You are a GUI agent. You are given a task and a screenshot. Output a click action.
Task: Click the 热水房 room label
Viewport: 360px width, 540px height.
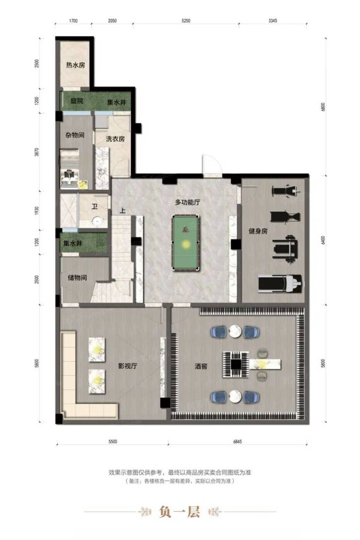click(x=75, y=65)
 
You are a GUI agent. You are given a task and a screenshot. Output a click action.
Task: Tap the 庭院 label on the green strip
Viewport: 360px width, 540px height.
click(x=77, y=101)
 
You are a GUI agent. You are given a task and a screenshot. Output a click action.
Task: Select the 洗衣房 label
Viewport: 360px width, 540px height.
click(x=115, y=139)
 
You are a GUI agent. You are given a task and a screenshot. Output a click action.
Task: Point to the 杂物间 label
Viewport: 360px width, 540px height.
click(x=75, y=135)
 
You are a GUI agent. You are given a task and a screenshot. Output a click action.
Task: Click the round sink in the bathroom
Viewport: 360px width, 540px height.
click(x=98, y=220)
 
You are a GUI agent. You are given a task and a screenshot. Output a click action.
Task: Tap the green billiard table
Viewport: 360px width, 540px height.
click(x=185, y=243)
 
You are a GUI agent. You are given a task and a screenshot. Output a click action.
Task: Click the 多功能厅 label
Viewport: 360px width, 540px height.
click(x=187, y=202)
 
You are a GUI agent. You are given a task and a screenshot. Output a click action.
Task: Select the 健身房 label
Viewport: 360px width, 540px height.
click(x=258, y=231)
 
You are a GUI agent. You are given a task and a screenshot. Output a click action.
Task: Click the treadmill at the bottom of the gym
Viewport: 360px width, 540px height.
click(x=280, y=284)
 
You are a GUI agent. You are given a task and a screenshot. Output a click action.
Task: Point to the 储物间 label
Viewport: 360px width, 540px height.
click(x=77, y=277)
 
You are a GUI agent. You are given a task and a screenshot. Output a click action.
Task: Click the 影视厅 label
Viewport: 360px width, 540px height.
click(x=127, y=366)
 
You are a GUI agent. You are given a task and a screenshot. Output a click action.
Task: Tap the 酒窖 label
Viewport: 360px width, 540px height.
click(x=201, y=366)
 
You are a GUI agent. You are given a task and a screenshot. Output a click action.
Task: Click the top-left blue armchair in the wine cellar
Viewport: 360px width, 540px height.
click(x=218, y=332)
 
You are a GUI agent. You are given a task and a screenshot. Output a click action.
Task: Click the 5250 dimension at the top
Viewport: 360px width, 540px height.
click(x=186, y=20)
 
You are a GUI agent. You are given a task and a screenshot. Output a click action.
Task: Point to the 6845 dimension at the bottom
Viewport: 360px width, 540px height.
click(x=237, y=442)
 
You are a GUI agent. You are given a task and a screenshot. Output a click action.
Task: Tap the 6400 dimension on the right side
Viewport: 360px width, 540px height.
click(x=323, y=240)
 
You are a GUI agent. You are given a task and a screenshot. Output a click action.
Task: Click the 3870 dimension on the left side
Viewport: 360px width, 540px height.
click(x=37, y=152)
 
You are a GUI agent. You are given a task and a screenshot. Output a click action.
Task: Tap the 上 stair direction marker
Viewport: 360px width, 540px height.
click(x=122, y=211)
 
